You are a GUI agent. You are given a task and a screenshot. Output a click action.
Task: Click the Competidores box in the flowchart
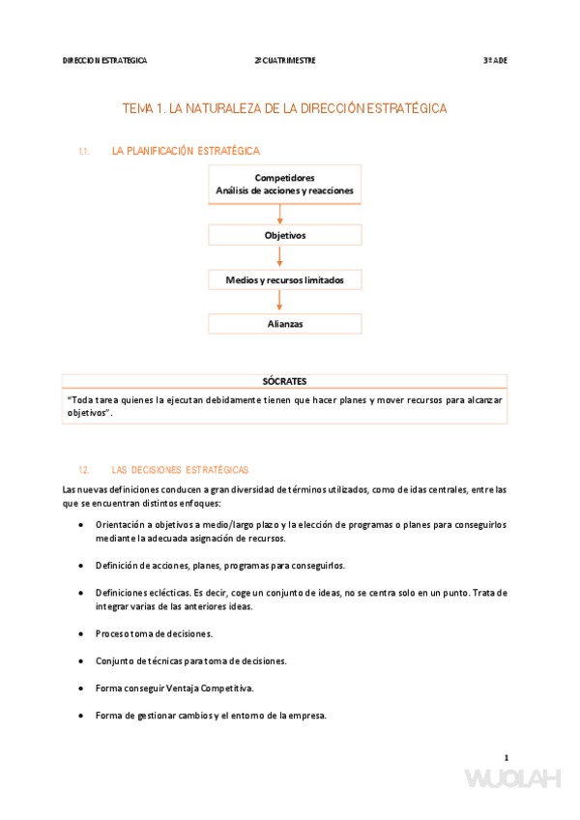pos(284,185)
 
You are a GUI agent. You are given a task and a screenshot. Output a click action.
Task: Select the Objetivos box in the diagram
pos(284,235)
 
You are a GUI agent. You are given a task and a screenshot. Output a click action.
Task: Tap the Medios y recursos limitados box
pos(284,279)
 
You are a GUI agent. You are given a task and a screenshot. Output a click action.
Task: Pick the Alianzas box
pos(284,324)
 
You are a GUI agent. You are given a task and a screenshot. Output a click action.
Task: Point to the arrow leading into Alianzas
pos(279,302)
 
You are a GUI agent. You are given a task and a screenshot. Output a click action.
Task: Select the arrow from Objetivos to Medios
pos(279,256)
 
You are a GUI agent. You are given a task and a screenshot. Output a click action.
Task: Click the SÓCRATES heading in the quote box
pos(284,381)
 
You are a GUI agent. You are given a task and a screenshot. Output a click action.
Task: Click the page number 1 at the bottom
pos(506,757)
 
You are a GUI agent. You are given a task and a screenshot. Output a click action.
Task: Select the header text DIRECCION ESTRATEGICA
pos(104,60)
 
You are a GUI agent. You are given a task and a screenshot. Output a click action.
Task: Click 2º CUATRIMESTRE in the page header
pos(285,60)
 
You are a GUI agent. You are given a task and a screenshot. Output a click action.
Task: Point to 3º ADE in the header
pos(495,60)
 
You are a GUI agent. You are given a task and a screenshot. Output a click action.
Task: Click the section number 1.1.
pos(84,152)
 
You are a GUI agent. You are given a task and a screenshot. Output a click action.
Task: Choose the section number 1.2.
pos(84,470)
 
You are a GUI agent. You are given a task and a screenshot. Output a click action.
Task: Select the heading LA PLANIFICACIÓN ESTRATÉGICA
pos(186,152)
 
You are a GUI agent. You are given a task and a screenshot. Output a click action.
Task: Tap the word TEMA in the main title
pos(137,109)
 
